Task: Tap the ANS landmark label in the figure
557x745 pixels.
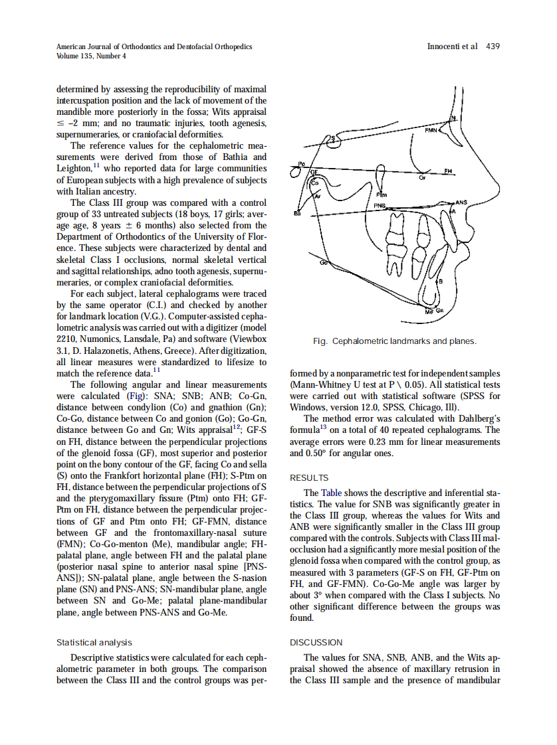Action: (x=461, y=201)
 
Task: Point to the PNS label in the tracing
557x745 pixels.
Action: (x=379, y=207)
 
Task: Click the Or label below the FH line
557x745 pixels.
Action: (x=421, y=178)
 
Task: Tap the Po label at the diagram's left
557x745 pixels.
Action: (x=301, y=164)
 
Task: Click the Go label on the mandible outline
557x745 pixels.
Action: (x=324, y=264)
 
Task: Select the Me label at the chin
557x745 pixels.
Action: (x=429, y=310)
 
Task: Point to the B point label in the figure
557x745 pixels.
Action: (x=439, y=282)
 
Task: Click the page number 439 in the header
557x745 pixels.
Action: (x=493, y=46)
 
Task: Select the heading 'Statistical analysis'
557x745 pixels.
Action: (x=94, y=642)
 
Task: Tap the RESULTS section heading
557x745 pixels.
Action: (x=309, y=477)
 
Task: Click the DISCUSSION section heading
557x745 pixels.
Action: (x=316, y=642)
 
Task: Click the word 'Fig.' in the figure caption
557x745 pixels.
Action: (x=320, y=341)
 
